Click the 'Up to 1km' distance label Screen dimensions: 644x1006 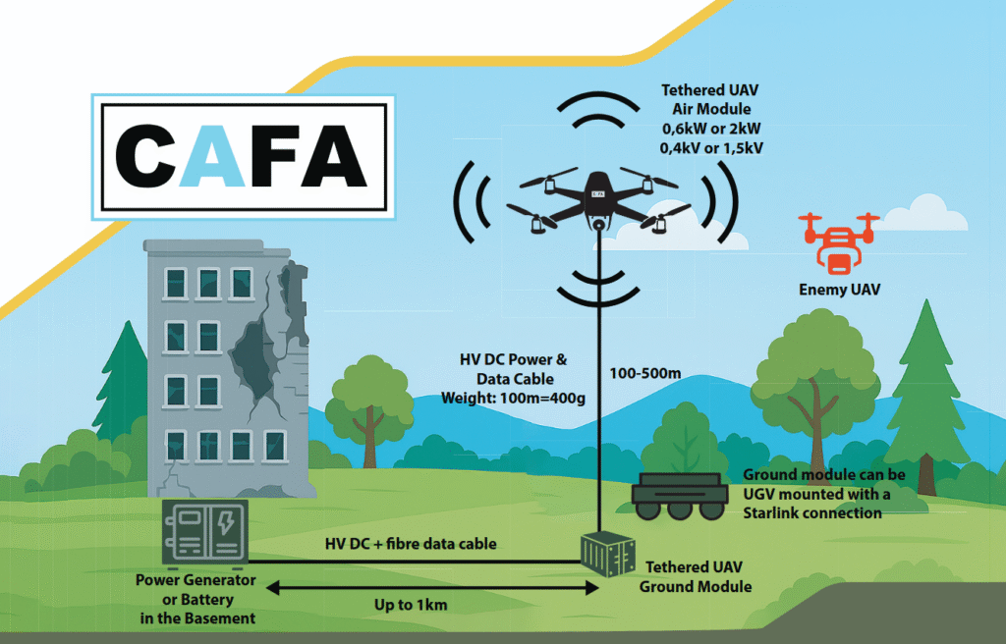pyautogui.click(x=411, y=605)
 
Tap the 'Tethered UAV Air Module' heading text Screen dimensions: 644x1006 pyautogui.click(x=710, y=100)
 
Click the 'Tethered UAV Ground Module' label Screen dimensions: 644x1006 pyautogui.click(x=696, y=577)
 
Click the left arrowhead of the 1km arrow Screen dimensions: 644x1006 pyautogui.click(x=268, y=588)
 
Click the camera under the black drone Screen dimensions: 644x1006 pyautogui.click(x=595, y=225)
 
